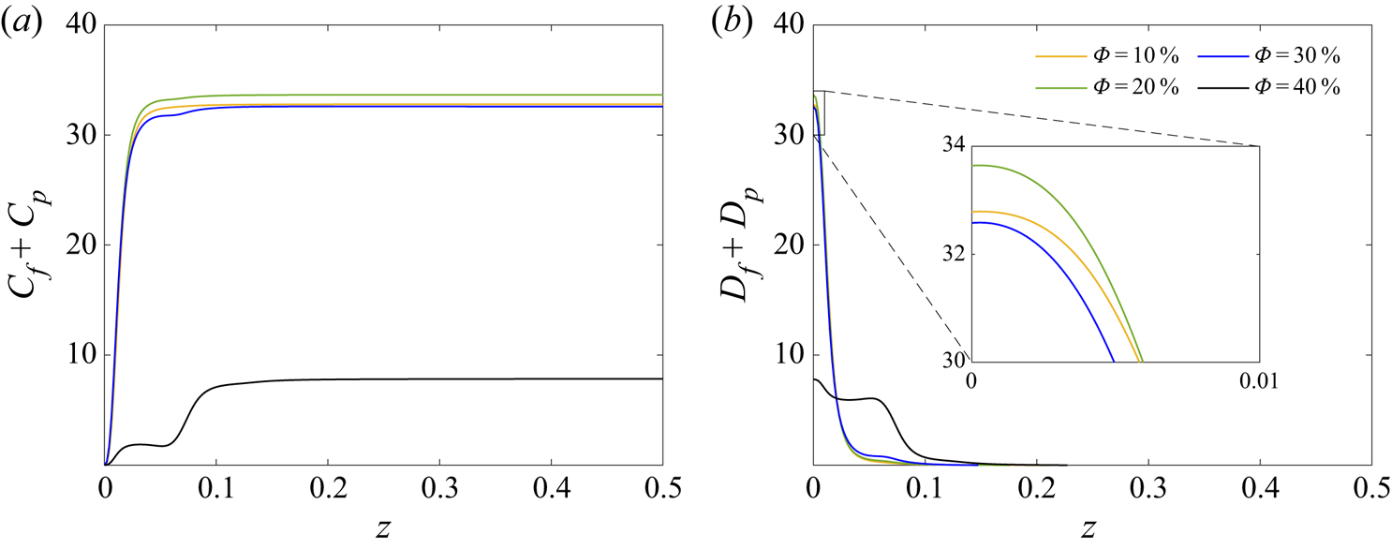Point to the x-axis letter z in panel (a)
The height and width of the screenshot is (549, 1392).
(383, 529)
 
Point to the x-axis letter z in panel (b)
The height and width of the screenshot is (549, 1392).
(1092, 529)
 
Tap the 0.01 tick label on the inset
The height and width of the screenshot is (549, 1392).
(1258, 381)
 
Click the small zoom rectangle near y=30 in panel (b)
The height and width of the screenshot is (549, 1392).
(819, 112)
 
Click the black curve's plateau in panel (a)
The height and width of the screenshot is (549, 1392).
(422, 378)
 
